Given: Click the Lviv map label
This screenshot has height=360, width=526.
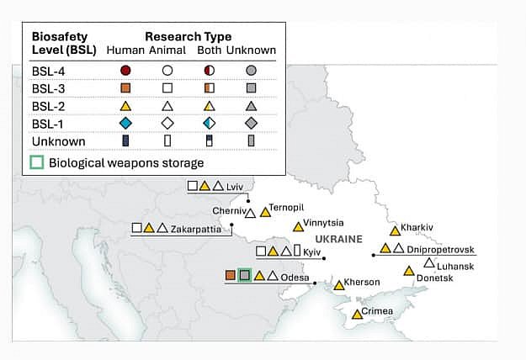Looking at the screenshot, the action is pyautogui.click(x=235, y=187).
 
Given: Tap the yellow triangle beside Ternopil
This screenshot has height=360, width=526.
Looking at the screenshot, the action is pyautogui.click(x=265, y=212).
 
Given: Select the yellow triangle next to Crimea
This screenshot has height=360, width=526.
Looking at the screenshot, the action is pyautogui.click(x=358, y=314).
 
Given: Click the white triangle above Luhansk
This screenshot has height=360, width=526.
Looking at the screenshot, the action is pyautogui.click(x=429, y=262).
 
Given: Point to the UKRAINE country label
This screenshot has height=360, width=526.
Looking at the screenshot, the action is pyautogui.click(x=339, y=239).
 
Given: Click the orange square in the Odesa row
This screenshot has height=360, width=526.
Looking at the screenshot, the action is pyautogui.click(x=230, y=275).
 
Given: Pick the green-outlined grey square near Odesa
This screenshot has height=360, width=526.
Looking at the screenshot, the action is pyautogui.click(x=245, y=275).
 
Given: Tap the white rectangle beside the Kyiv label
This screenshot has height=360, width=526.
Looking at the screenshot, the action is pyautogui.click(x=297, y=251).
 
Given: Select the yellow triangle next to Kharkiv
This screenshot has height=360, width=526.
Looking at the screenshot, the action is pyautogui.click(x=396, y=230).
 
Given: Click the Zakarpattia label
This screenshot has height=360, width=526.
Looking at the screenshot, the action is pyautogui.click(x=196, y=230).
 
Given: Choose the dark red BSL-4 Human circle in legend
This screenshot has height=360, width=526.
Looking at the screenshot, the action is pyautogui.click(x=125, y=71).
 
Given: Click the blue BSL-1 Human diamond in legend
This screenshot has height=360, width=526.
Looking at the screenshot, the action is pyautogui.click(x=125, y=124).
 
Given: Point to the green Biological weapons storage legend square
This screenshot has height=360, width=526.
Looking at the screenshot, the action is pyautogui.click(x=37, y=162).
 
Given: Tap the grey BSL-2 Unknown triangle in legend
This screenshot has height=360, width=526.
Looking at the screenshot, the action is pyautogui.click(x=252, y=106).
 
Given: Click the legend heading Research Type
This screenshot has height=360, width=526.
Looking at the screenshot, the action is pyautogui.click(x=189, y=36).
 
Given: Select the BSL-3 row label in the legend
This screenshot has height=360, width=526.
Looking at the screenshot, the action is pyautogui.click(x=48, y=89).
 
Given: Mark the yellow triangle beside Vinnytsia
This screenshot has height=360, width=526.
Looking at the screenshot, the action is pyautogui.click(x=298, y=227).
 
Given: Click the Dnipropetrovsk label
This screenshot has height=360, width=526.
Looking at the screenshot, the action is pyautogui.click(x=440, y=249).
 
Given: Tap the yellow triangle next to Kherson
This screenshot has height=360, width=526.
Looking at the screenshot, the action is pyautogui.click(x=339, y=285).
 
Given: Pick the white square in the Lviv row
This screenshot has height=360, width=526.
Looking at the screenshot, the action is pyautogui.click(x=193, y=185).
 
